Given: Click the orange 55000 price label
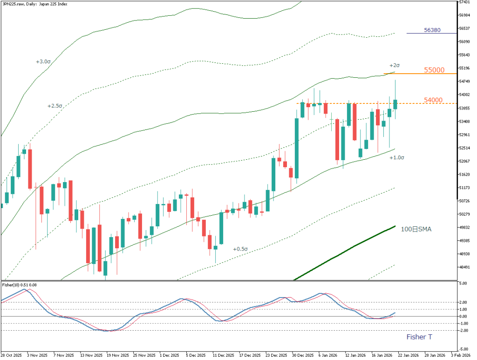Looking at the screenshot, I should [434, 70].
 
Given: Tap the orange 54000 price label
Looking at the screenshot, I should [434, 100].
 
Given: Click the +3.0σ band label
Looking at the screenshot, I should [43, 61].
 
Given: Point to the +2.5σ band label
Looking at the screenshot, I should [55, 106].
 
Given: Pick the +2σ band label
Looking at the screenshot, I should [395, 65].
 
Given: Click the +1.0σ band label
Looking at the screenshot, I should [397, 158].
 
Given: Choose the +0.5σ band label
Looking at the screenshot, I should [240, 249].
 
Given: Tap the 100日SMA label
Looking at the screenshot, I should [416, 229].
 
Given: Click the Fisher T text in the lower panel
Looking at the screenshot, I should [419, 337].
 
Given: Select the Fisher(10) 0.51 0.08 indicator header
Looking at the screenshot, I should [20, 285].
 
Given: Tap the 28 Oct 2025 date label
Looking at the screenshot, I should [12, 354].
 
